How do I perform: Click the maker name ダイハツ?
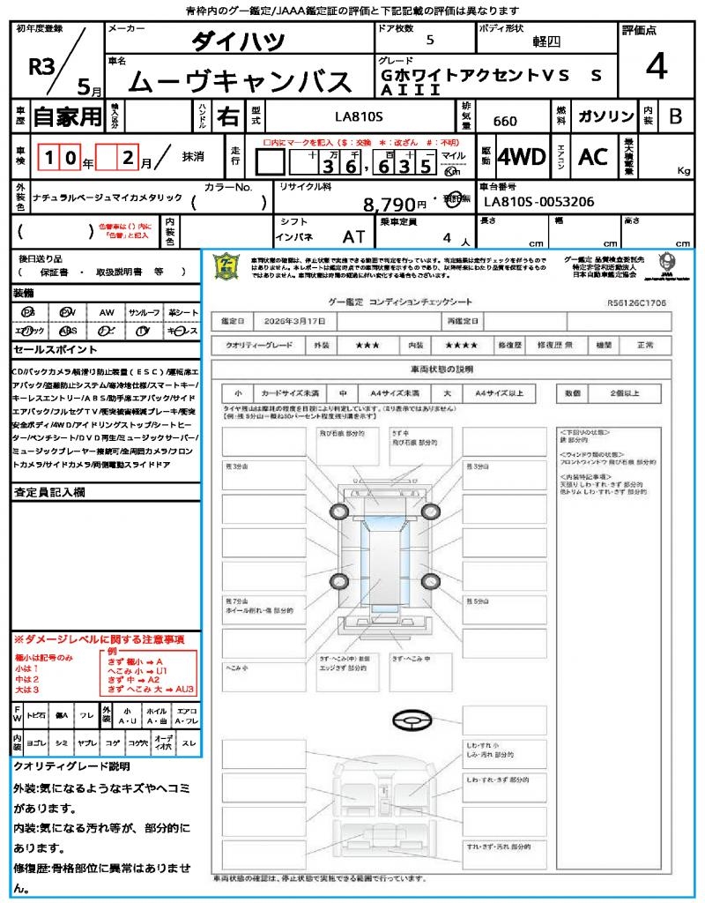(x=239, y=41)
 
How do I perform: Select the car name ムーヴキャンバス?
(x=240, y=81)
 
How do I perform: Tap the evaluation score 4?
(x=656, y=66)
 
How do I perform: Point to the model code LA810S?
(x=359, y=116)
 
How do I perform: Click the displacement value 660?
(x=505, y=121)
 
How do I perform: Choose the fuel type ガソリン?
(x=606, y=116)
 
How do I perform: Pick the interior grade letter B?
(x=675, y=116)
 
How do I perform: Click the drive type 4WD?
(x=522, y=157)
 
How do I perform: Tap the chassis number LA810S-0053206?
(x=539, y=202)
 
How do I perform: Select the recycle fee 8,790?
(x=389, y=205)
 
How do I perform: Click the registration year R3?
(x=41, y=68)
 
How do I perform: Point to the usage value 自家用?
(x=68, y=116)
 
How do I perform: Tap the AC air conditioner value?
(x=593, y=157)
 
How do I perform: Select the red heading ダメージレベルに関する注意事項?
(x=101, y=638)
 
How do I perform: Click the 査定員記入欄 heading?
(x=49, y=492)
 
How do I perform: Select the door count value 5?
(x=429, y=41)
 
